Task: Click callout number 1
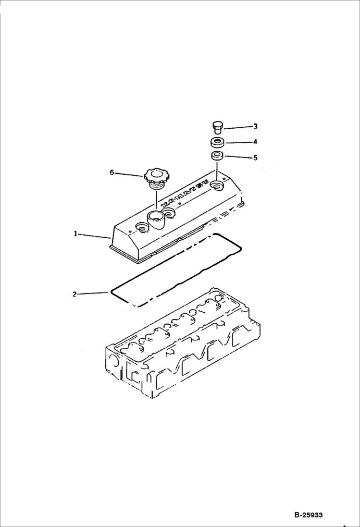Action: pyautogui.click(x=75, y=234)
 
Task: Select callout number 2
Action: pyautogui.click(x=74, y=294)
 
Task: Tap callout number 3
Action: pyautogui.click(x=255, y=126)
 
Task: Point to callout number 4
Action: pyautogui.click(x=255, y=142)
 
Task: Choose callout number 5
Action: pyautogui.click(x=255, y=157)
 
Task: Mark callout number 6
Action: pyautogui.click(x=112, y=172)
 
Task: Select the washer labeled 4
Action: pyautogui.click(x=217, y=142)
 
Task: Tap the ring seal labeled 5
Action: pyautogui.click(x=217, y=156)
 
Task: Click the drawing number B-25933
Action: pyautogui.click(x=308, y=515)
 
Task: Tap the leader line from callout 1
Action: pyautogui.click(x=94, y=235)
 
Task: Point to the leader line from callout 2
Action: pyautogui.click(x=94, y=293)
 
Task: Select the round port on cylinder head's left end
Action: pyautogui.click(x=114, y=361)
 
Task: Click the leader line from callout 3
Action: pyautogui.click(x=238, y=127)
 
